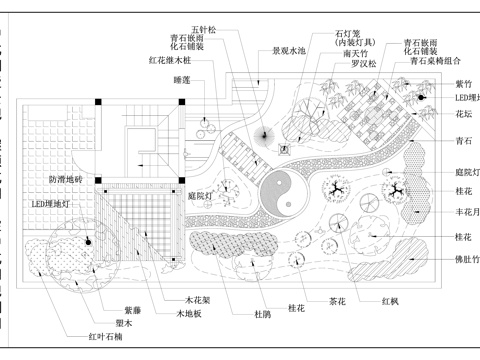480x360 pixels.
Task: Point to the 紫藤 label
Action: point(133,311)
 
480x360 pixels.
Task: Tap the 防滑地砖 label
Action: point(66,180)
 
